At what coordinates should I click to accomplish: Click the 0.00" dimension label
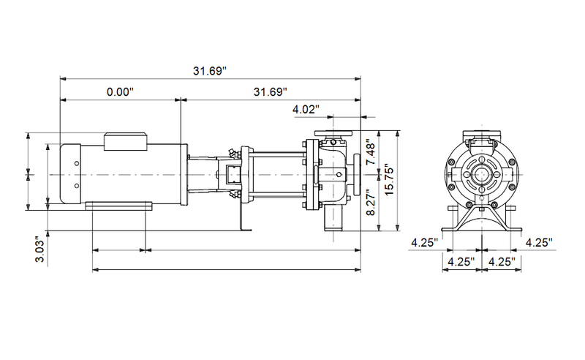pos(121,92)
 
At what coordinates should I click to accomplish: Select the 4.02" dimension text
pos(306,110)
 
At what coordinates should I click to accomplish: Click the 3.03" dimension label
pos(41,250)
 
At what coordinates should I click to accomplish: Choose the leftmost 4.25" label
pos(424,242)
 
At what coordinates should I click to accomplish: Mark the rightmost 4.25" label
pos(538,242)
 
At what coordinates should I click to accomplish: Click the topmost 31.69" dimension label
pos(210,71)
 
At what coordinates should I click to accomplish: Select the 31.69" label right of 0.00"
pos(270,92)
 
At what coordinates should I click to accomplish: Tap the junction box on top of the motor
pos(127,140)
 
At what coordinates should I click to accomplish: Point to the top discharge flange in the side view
pos(333,134)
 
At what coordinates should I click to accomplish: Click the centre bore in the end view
pos(481,175)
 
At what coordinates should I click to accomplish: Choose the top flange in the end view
pos(481,135)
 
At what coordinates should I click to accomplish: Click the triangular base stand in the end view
pos(481,220)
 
